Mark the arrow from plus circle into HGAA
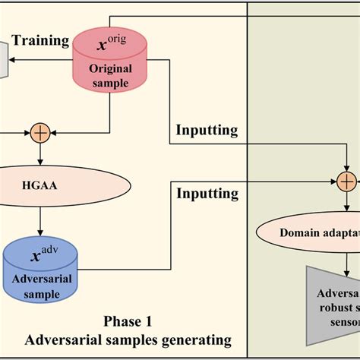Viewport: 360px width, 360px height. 40,155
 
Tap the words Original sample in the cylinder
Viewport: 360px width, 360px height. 113,75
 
